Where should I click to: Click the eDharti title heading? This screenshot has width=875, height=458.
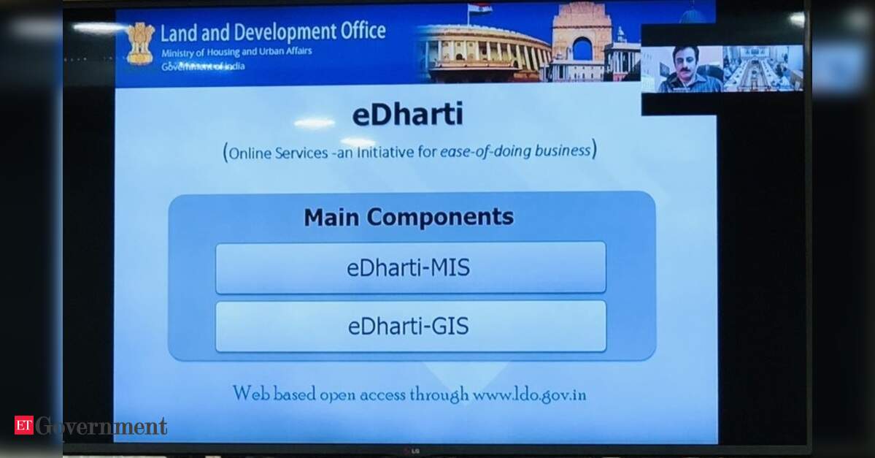407,114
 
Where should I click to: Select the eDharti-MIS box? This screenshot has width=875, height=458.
410,267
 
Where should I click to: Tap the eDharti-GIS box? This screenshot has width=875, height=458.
410,327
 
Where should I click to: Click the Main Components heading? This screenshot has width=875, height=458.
409,217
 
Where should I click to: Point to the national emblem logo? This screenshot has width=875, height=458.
139,43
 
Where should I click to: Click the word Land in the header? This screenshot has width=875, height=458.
179,33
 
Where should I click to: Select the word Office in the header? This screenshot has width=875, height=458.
363,31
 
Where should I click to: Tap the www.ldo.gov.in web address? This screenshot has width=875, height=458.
530,395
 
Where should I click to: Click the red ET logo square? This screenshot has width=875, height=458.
23,426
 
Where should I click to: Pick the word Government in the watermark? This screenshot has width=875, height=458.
101,426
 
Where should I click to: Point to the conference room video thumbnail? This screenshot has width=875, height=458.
763,68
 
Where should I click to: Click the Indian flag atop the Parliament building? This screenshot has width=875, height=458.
479,8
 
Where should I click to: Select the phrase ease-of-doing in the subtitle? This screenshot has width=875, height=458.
485,151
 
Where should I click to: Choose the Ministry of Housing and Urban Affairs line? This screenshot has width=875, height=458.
236,53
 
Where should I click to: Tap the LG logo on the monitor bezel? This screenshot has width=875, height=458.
412,451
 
